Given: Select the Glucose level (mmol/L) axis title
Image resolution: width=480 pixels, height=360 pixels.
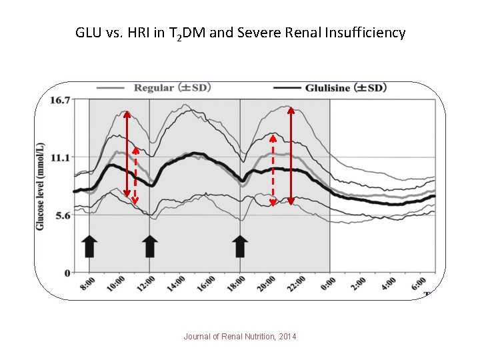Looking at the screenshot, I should (x=41, y=186).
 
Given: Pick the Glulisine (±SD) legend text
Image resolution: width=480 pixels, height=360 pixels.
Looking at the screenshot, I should (x=345, y=87).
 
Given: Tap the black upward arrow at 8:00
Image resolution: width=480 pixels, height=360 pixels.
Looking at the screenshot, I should (x=90, y=245).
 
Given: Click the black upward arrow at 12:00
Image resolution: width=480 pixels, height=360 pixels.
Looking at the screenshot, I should (x=150, y=245).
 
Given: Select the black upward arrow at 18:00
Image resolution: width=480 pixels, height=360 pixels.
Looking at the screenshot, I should (x=241, y=245).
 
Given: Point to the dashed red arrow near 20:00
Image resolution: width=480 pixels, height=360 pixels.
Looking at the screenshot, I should (x=273, y=171).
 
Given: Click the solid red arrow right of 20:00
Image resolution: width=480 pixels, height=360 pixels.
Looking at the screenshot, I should (x=291, y=155).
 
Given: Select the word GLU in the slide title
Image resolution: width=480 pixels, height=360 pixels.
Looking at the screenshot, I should (x=89, y=33).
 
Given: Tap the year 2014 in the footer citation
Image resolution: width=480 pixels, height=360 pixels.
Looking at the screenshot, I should (x=287, y=337).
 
